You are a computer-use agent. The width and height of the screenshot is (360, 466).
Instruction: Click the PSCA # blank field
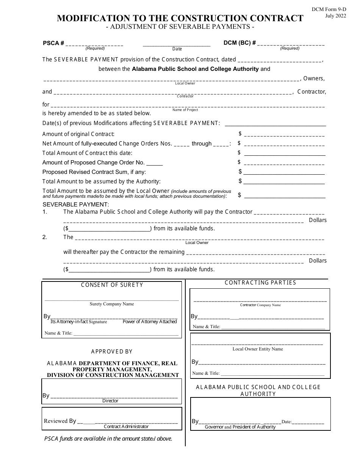(94, 44)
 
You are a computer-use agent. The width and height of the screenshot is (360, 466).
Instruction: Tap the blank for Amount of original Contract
(284, 134)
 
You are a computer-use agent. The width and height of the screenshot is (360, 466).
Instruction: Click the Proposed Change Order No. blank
(154, 163)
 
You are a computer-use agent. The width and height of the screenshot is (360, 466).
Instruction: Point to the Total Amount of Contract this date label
(88, 153)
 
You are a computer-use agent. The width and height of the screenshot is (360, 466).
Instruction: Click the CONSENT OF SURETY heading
(112, 285)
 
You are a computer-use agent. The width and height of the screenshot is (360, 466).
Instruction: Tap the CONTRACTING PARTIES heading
(260, 283)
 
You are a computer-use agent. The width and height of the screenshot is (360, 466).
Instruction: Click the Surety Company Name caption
(112, 304)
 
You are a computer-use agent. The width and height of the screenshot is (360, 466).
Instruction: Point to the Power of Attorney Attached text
(150, 322)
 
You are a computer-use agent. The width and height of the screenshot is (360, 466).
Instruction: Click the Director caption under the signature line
(110, 401)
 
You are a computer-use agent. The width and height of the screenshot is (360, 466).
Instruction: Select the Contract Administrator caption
(126, 427)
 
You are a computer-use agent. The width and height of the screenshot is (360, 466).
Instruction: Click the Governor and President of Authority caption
(240, 427)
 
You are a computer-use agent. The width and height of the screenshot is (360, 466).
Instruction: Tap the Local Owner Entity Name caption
(258, 349)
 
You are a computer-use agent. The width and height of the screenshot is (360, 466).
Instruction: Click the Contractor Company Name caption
(260, 305)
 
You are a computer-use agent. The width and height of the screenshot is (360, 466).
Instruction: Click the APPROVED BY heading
(112, 352)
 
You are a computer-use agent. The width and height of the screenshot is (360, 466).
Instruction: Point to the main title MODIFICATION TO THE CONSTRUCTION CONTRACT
(180, 19)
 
